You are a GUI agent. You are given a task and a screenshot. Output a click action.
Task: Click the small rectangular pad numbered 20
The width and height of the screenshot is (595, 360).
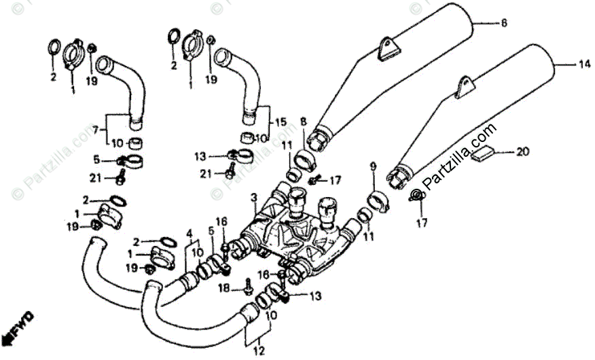click(485, 155)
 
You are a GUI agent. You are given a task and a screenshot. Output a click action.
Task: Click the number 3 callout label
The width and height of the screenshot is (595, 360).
click(253, 197)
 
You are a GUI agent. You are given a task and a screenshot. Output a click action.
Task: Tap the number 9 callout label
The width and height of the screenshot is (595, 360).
click(372, 166)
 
